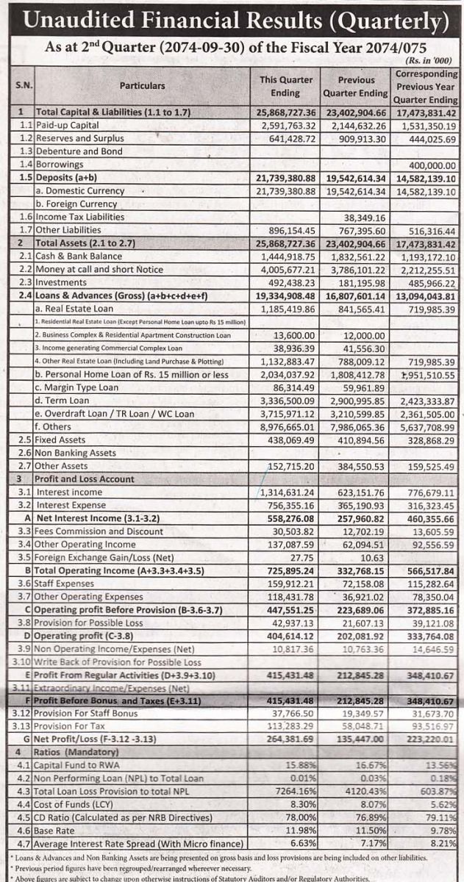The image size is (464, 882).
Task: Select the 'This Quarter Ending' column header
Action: point(285,86)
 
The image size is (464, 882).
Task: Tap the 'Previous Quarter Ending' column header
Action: point(356,86)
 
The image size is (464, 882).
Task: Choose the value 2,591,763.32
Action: point(286,126)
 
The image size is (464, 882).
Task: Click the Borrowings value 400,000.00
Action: point(426,165)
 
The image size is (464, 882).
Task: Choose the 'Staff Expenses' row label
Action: point(71,584)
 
